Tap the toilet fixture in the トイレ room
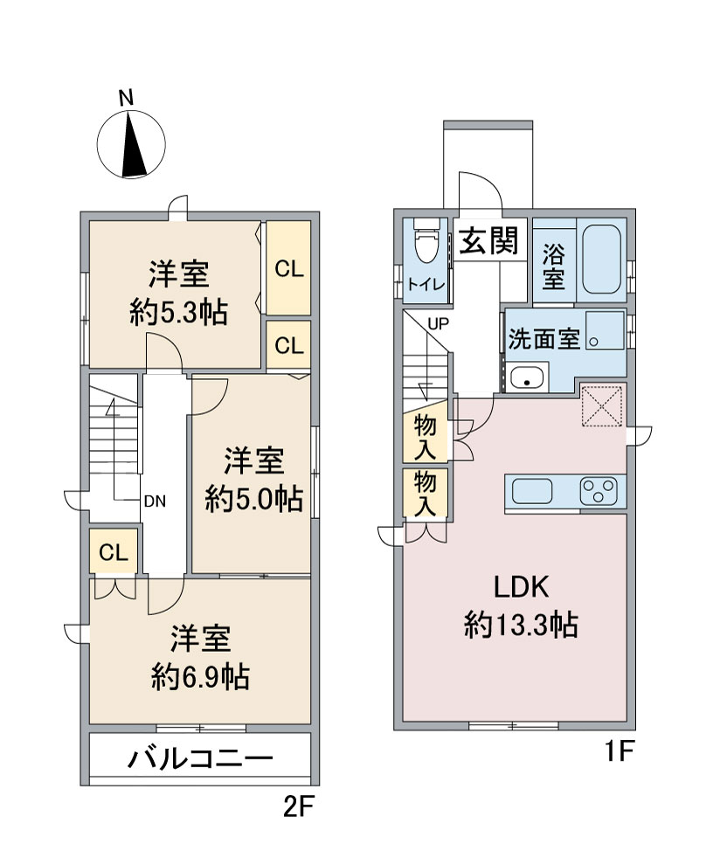tap(426, 242)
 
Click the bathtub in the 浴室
tap(601, 259)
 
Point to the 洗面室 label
tap(544, 339)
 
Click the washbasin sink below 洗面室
tap(527, 378)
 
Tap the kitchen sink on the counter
tap(532, 491)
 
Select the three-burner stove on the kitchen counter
tap(599, 491)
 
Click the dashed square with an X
tap(602, 406)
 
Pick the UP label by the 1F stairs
tap(439, 324)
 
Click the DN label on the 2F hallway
tap(155, 502)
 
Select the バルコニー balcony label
tap(201, 759)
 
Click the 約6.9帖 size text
tap(201, 676)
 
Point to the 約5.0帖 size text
tap(254, 499)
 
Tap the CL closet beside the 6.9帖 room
tap(114, 551)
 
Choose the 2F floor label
tap(299, 807)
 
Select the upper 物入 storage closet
tap(426, 438)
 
